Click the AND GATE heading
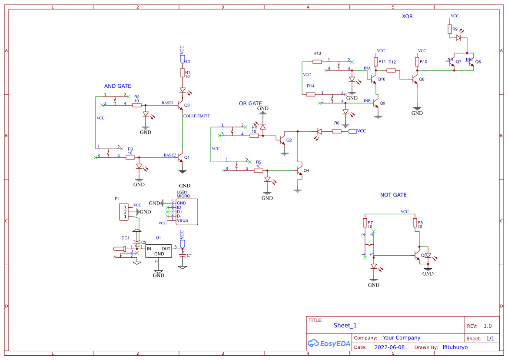(118, 86)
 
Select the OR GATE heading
(250, 103)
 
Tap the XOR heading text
(407, 17)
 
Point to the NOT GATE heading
(393, 195)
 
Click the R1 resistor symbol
(183, 73)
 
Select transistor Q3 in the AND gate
(181, 106)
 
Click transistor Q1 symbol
(181, 158)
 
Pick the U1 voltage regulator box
(159, 251)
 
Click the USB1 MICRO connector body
(186, 212)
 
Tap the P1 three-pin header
(124, 212)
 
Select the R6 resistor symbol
(337, 131)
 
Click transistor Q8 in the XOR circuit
(415, 80)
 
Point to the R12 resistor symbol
(391, 70)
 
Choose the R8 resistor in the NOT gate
(415, 223)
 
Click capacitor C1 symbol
(183, 255)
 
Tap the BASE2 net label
(170, 155)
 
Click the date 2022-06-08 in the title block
(389, 347)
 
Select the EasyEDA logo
(329, 343)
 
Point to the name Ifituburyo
(455, 347)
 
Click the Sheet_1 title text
(345, 326)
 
